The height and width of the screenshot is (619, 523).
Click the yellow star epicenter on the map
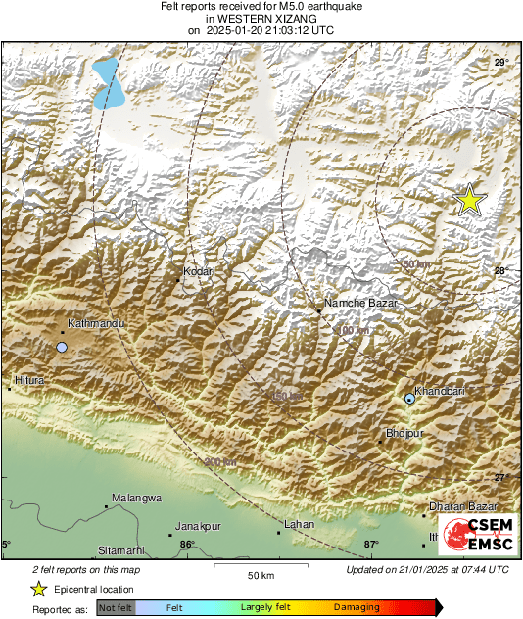(x=470, y=200)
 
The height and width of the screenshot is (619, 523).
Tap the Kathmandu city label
(x=93, y=323)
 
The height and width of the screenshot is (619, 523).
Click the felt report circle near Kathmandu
(x=62, y=348)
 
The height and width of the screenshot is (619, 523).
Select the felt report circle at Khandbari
(x=409, y=399)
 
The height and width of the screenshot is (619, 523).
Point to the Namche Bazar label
(x=363, y=304)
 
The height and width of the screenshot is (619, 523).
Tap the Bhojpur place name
(x=403, y=432)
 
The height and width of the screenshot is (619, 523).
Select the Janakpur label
(x=200, y=526)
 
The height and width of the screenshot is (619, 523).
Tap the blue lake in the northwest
(x=110, y=84)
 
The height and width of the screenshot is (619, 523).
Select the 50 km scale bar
(x=260, y=567)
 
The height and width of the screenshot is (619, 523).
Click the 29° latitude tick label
(x=500, y=63)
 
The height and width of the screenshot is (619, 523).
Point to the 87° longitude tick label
(x=371, y=545)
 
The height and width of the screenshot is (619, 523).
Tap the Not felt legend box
(x=117, y=609)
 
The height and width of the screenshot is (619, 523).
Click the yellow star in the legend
(x=38, y=589)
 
